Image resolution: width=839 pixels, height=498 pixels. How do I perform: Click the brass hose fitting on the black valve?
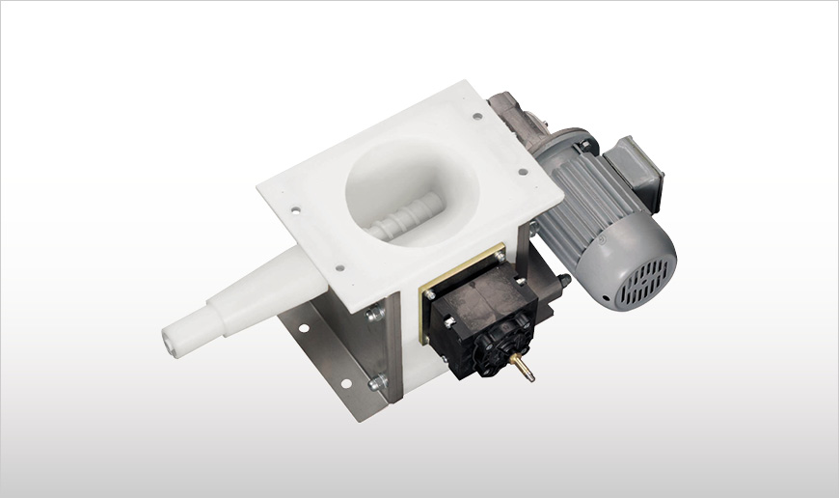[x=524, y=368]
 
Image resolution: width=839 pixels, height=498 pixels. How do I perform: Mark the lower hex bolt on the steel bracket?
[x=375, y=381]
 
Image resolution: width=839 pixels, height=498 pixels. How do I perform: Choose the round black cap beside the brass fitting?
[x=499, y=347]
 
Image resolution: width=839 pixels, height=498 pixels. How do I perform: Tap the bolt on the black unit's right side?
[x=562, y=282]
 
